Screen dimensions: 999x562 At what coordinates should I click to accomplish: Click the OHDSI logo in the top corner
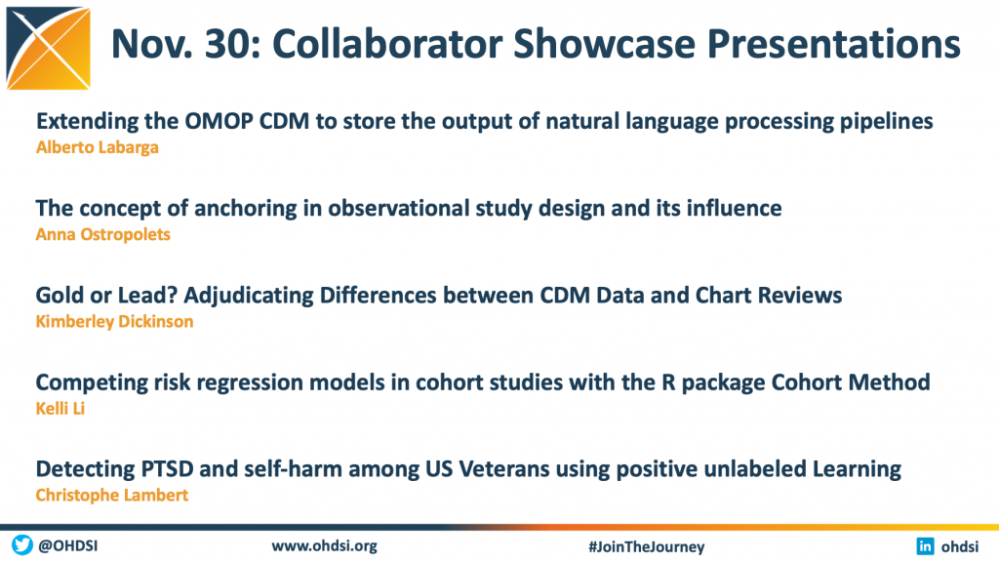tap(49, 48)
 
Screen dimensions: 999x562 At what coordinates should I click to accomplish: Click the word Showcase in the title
tap(604, 44)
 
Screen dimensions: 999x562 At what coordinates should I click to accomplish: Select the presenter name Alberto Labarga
tap(98, 147)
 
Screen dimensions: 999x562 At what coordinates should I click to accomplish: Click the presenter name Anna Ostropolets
tap(103, 234)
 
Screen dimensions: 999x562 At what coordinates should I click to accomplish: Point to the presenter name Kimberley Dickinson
tap(115, 321)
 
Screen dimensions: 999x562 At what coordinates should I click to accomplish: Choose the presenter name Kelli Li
tap(60, 409)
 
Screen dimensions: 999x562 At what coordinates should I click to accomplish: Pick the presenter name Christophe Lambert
tap(112, 495)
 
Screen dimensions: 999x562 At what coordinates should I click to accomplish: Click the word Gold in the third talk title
tap(60, 295)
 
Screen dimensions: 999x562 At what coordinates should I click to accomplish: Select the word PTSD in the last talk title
tap(167, 469)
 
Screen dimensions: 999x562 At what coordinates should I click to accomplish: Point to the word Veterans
tap(504, 469)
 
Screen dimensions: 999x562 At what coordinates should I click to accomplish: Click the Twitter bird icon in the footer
tap(22, 545)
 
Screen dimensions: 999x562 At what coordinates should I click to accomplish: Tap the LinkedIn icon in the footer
tap(925, 546)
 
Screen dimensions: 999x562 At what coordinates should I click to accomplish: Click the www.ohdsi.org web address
tap(324, 546)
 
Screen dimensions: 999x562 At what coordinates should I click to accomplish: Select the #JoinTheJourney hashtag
tap(647, 546)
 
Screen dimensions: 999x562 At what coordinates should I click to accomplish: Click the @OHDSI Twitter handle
tap(67, 546)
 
